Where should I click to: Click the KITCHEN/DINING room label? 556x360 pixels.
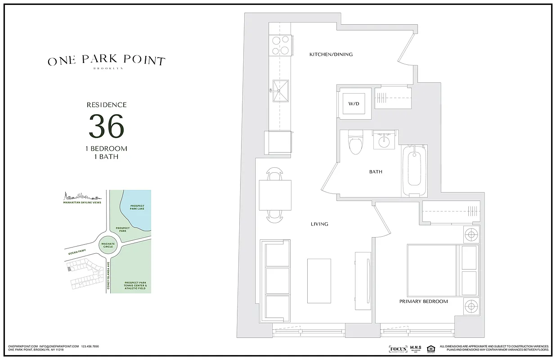[331, 54]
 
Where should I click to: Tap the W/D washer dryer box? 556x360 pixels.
[354, 103]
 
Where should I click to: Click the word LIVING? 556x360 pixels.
[319, 224]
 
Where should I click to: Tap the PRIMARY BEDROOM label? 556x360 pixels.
[423, 301]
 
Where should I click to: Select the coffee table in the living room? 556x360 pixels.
[319, 281]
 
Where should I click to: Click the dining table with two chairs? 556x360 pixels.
[275, 194]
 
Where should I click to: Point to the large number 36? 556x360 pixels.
[106, 126]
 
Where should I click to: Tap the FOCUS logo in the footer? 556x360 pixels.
[398, 349]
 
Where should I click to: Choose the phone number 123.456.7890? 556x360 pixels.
[90, 346]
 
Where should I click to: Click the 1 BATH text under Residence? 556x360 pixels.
[106, 157]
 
